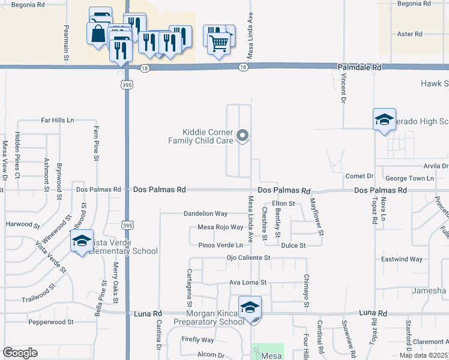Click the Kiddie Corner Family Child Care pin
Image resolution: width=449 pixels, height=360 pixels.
pos(243,136)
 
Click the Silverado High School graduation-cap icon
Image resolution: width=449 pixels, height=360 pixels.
pos(384,119)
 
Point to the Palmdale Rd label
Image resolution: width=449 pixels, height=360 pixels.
pos(359,68)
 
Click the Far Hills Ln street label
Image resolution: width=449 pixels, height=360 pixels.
pos(58,121)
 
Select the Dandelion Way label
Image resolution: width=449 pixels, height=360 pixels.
pos(205,214)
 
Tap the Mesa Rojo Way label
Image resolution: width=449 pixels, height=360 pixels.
pos(220,227)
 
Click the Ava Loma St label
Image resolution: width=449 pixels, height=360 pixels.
pos(247,282)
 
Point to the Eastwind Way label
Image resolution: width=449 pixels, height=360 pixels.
pos(402,259)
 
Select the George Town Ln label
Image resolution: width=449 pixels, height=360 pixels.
pos(409,178)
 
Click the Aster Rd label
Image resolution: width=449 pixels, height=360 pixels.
pos(410,34)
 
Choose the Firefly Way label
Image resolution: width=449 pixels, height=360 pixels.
pos(197,340)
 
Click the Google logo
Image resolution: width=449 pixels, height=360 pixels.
pos(20,353)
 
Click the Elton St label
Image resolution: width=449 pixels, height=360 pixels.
pos(283,204)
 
